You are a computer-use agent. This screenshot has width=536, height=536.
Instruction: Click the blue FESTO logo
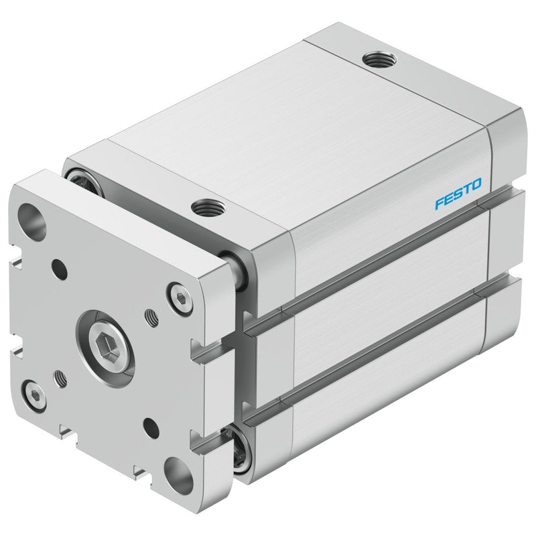click(x=458, y=194)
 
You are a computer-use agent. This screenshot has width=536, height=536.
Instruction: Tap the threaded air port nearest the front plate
click(x=208, y=207)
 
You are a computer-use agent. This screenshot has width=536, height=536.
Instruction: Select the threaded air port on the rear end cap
click(x=379, y=60)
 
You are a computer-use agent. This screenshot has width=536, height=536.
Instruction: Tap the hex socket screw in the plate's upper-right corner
click(x=182, y=299)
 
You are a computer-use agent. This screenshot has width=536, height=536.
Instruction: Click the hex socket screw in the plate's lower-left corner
click(x=33, y=395)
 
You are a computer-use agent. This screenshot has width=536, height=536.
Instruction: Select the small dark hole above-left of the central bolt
click(x=60, y=270)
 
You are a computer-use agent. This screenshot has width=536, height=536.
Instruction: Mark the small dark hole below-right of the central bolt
click(x=151, y=428)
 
